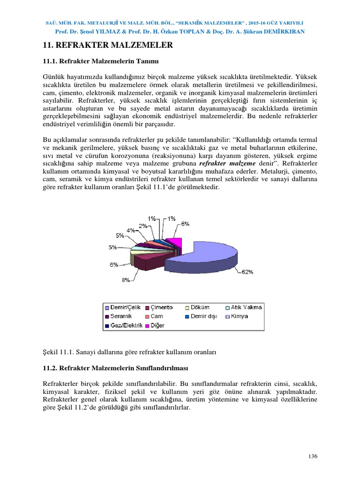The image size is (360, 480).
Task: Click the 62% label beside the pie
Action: coord(248,271)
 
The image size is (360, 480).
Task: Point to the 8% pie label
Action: coord(126,280)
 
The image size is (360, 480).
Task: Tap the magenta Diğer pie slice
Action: coord(174,242)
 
